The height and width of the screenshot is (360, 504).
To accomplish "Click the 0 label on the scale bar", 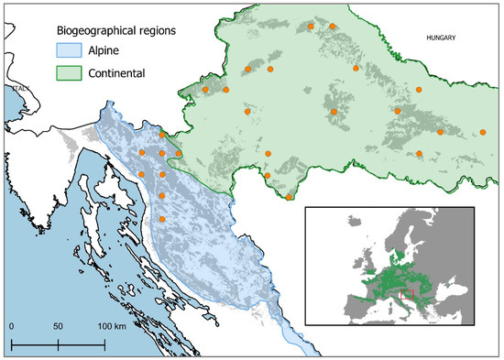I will tap(11, 327).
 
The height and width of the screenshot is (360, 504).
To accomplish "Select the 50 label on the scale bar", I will tap(58, 327).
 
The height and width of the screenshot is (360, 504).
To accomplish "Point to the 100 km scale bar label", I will tap(113, 327).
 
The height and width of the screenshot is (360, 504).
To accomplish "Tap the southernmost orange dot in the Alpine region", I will tap(162, 219).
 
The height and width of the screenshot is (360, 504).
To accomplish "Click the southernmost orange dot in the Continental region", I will tap(290, 197).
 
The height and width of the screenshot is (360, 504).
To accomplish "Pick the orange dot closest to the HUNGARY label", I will tap(419, 90).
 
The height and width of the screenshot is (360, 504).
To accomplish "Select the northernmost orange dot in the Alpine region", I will tap(162, 136).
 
